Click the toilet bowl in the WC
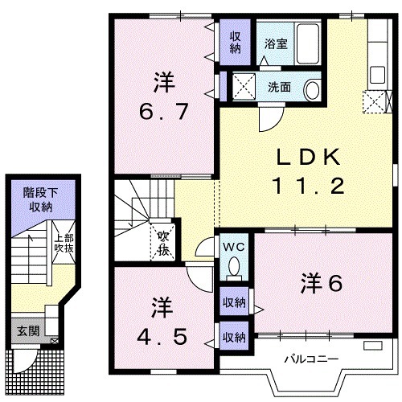tap(234, 265)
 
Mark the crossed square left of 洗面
tap(243, 85)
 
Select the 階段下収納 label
tap(36, 198)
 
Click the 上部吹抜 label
tap(64, 244)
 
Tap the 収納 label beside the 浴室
tap(236, 41)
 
